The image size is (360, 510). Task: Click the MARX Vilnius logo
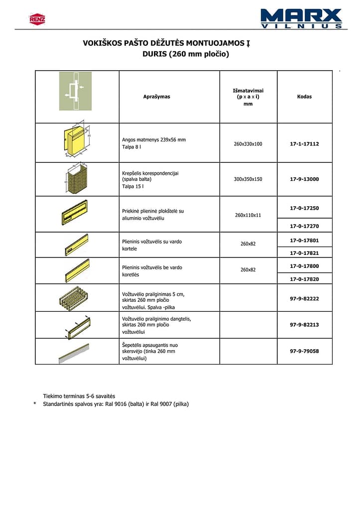(301, 18)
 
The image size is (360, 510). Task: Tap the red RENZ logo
(37, 19)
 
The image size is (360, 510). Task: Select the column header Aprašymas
(156, 97)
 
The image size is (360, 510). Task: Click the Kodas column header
(304, 97)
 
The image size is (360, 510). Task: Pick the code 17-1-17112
(304, 144)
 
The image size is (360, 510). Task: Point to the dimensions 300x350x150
(248, 179)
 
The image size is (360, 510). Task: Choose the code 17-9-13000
(304, 179)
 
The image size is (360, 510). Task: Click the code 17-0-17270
(304, 226)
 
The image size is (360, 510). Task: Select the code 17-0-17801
(304, 240)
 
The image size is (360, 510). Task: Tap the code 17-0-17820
(304, 279)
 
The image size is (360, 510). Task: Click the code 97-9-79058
(304, 351)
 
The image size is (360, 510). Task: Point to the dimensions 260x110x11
(248, 215)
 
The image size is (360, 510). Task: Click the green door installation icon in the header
(75, 91)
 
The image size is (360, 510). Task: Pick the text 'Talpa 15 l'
(132, 186)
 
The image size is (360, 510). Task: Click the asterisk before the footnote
(35, 404)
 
